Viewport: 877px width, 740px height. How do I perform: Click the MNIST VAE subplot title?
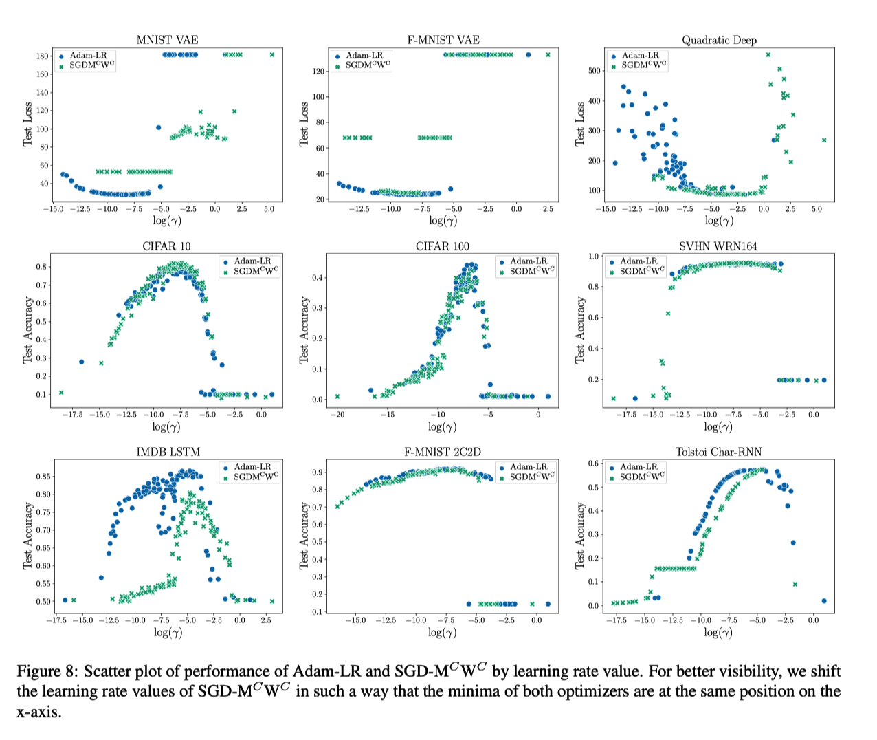coord(167,40)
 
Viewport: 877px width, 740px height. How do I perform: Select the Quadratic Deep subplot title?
coord(719,40)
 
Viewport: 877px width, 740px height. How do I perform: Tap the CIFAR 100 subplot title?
coord(443,246)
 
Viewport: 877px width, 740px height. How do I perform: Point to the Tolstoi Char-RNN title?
coord(718,452)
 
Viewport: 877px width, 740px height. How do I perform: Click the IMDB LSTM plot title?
coord(168,452)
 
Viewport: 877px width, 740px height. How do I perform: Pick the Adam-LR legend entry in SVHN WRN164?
coord(638,261)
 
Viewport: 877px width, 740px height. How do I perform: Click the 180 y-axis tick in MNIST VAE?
coord(43,56)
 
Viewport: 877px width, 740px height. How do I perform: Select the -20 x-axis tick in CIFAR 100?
coord(337,415)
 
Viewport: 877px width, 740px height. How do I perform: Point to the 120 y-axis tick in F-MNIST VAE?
coord(318,72)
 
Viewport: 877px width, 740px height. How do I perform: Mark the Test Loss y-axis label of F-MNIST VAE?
coord(304,124)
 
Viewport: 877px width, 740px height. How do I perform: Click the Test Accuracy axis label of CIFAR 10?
coord(27,330)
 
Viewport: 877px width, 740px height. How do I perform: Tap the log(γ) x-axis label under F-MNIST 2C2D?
coord(443,633)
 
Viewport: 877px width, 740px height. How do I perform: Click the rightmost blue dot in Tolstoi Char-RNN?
coord(824,601)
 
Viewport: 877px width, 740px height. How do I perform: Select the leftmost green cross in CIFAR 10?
coord(61,393)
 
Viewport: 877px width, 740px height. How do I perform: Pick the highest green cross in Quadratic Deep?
coord(768,55)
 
